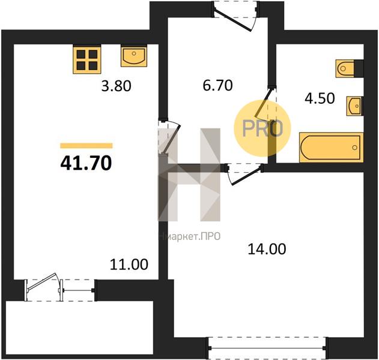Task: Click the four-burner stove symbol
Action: [87, 59]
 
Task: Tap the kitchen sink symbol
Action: [134, 56]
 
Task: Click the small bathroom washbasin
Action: [355, 106]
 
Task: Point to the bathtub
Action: [332, 147]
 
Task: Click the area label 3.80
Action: [117, 86]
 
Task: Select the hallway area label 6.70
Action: [218, 85]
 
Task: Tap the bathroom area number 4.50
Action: [320, 98]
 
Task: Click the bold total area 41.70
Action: [86, 163]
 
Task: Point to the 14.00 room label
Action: [267, 249]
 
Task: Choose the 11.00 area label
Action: [129, 264]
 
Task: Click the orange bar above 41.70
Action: [86, 146]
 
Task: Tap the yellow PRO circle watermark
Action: [262, 128]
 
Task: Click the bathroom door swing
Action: [266, 103]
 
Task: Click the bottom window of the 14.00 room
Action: [267, 348]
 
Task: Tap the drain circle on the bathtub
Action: [354, 148]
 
